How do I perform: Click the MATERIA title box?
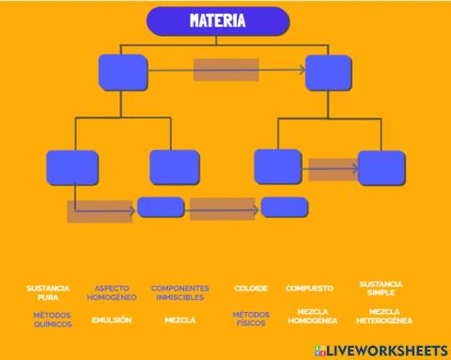click(x=218, y=21)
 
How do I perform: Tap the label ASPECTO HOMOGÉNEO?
click(x=112, y=292)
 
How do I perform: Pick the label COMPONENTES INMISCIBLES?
click(x=179, y=292)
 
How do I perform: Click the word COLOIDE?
click(x=251, y=289)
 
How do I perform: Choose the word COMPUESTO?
click(x=309, y=289)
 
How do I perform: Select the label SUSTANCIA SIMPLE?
click(x=381, y=288)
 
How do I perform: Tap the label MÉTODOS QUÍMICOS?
click(x=52, y=320)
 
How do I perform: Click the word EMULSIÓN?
click(x=112, y=320)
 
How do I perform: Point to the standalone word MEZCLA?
click(x=179, y=320)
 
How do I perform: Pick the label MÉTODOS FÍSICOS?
click(x=251, y=319)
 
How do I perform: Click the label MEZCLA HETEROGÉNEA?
click(x=384, y=316)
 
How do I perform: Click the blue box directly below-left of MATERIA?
click(x=122, y=72)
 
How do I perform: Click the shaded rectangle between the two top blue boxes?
click(x=226, y=70)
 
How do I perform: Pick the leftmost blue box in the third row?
click(x=72, y=167)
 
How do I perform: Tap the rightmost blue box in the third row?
click(x=381, y=168)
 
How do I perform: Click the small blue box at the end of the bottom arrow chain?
click(x=284, y=207)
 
